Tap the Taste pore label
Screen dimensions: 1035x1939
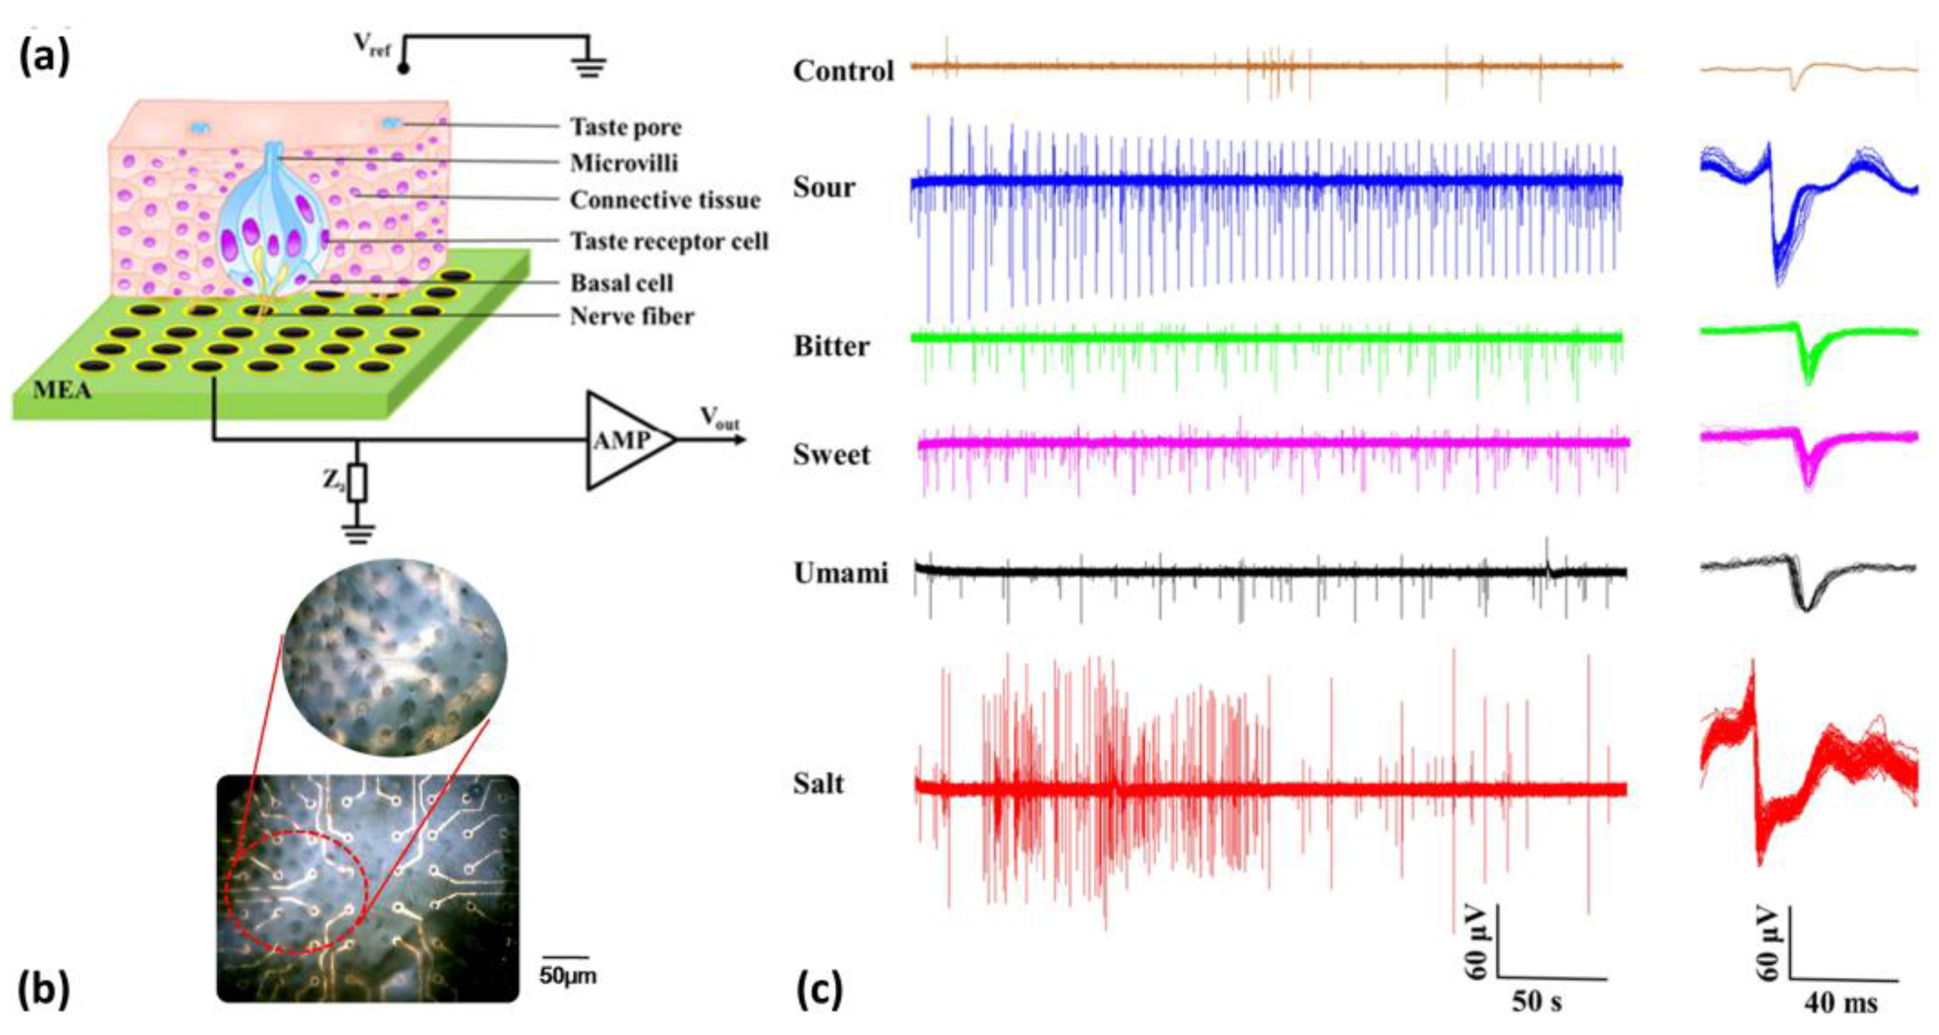tap(626, 127)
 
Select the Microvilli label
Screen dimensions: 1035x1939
tap(624, 163)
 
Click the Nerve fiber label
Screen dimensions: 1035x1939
tap(632, 316)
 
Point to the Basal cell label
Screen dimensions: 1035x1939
tap(622, 283)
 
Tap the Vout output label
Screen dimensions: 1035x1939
tap(719, 418)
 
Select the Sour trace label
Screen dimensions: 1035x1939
tap(824, 187)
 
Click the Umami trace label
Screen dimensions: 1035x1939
tap(841, 574)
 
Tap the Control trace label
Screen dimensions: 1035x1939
tap(843, 72)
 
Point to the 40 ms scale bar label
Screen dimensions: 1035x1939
tap(1840, 1003)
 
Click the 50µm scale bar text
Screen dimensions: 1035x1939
tap(567, 976)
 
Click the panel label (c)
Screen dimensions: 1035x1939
tap(819, 992)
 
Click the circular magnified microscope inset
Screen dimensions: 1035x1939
tap(393, 657)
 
